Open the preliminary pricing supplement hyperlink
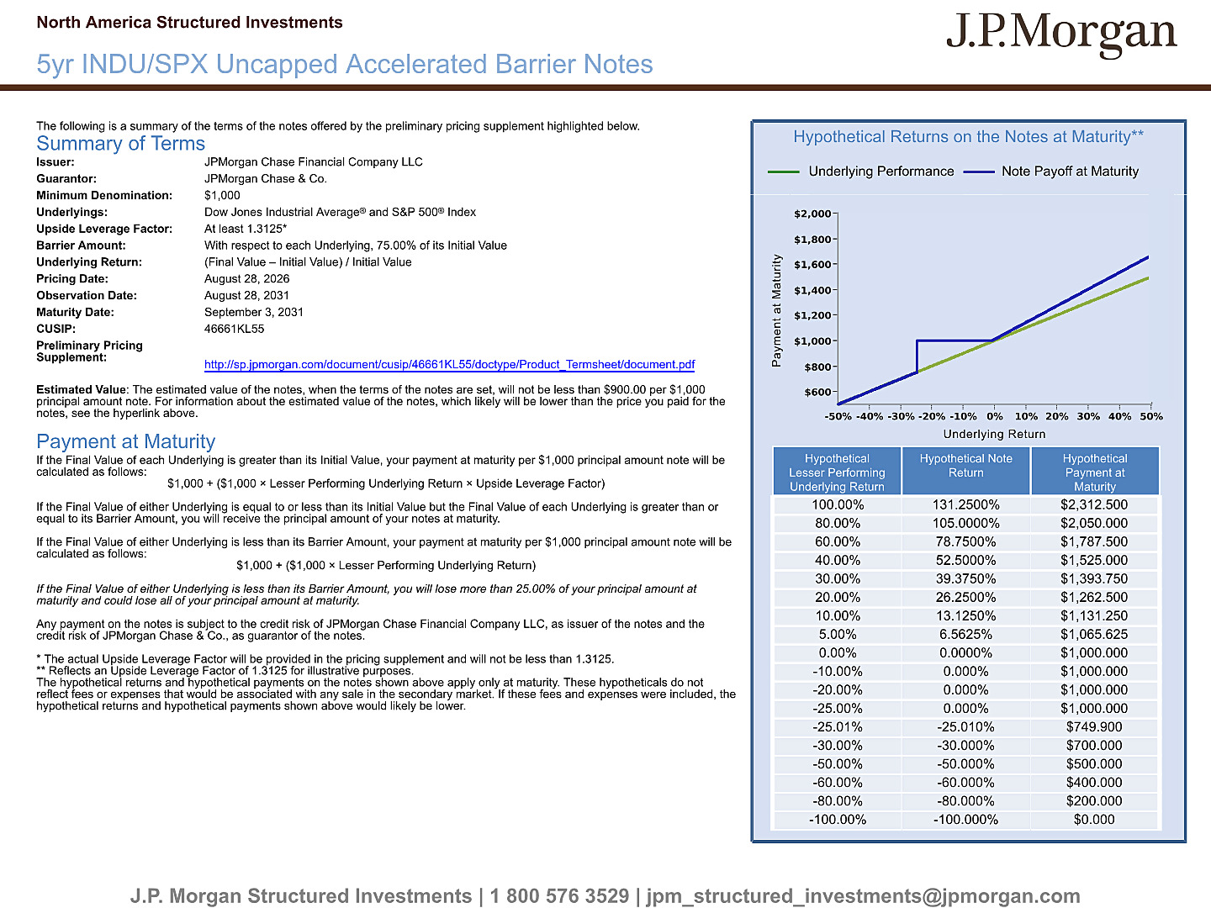click(449, 364)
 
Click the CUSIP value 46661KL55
click(234, 329)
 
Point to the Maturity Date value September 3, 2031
click(254, 312)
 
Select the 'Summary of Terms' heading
click(120, 143)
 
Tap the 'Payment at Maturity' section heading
click(126, 441)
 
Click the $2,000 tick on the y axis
click(812, 214)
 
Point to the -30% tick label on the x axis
click(901, 416)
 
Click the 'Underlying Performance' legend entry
click(860, 172)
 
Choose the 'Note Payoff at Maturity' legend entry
click(1051, 172)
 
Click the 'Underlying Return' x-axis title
click(994, 434)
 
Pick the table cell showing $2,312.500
click(1094, 504)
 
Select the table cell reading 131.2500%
click(965, 504)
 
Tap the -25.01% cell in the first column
click(837, 726)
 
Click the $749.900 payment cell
click(1094, 726)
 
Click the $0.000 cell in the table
click(1094, 819)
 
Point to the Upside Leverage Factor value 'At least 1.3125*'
click(246, 229)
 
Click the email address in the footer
click(864, 896)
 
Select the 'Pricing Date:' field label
click(72, 279)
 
